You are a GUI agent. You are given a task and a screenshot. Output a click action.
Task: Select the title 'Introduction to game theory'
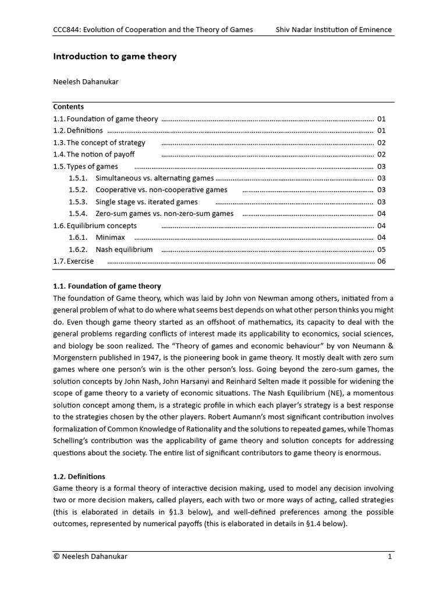[x=115, y=56]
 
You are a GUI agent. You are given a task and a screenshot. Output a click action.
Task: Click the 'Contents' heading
[x=69, y=107]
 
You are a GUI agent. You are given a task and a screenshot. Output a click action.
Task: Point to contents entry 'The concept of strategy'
[x=105, y=143]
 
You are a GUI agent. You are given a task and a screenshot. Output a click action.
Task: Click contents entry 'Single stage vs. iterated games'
[x=146, y=202]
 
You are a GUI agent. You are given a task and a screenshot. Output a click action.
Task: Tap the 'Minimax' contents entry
[x=111, y=237]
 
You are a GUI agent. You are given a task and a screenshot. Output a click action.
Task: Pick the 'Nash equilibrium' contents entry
[x=124, y=250]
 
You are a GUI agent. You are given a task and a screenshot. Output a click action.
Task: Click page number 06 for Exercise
[x=382, y=261]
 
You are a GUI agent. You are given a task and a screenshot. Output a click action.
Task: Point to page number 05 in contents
[x=382, y=250]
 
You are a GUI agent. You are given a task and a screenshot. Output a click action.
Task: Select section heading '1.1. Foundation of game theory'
[x=107, y=286]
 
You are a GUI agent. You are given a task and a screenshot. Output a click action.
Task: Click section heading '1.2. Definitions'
[x=80, y=476]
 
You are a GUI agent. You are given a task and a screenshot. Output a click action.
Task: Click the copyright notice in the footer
[x=90, y=556]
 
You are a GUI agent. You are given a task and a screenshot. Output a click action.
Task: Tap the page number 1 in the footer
[x=390, y=556]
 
